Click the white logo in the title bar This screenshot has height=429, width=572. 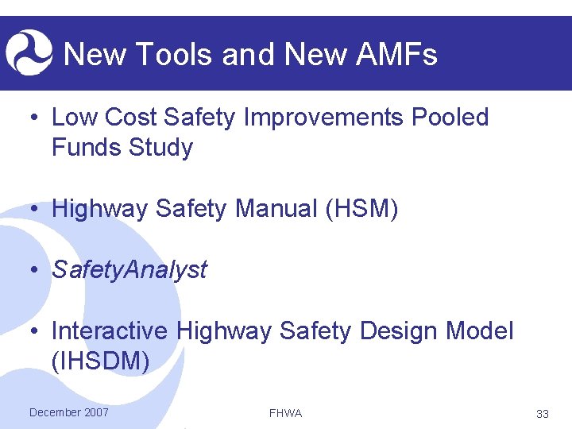tap(29, 52)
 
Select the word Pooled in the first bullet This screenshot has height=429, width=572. tap(450, 118)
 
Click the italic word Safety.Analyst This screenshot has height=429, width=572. tap(129, 270)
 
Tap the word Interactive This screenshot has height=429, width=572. tap(110, 330)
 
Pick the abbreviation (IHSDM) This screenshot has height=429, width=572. tap(100, 361)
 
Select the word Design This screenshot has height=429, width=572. tap(394, 330)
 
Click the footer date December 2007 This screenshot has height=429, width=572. tap(68, 412)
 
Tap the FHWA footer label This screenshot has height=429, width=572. tap(285, 413)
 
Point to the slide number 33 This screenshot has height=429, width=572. tap(543, 414)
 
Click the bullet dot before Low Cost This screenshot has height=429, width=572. tap(33, 118)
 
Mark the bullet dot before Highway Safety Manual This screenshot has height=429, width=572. tap(33, 210)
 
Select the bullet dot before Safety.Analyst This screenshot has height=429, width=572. tap(33, 271)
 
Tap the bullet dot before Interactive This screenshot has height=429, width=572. tap(33, 331)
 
